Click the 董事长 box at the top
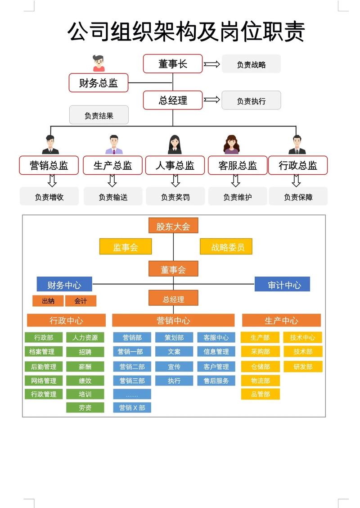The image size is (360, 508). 172,63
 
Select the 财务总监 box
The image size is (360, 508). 99,83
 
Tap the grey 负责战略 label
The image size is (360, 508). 251,64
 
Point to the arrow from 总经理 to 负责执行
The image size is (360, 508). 211,100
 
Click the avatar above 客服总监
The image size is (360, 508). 231,144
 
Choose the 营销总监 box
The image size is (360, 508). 49,165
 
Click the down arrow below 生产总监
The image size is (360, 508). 112,181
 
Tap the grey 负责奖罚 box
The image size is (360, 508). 175,197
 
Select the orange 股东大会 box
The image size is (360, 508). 173,226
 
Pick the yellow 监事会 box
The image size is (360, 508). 126,247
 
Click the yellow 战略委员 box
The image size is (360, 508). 226,247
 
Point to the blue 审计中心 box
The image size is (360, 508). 282,285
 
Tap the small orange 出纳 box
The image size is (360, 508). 48,301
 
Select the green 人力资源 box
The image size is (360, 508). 85,337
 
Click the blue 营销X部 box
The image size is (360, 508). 132,408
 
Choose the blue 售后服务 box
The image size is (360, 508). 216,381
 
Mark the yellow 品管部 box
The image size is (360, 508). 260,394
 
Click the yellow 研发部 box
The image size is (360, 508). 303,367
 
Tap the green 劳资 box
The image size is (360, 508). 85,408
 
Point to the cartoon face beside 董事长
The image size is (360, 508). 99,63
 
